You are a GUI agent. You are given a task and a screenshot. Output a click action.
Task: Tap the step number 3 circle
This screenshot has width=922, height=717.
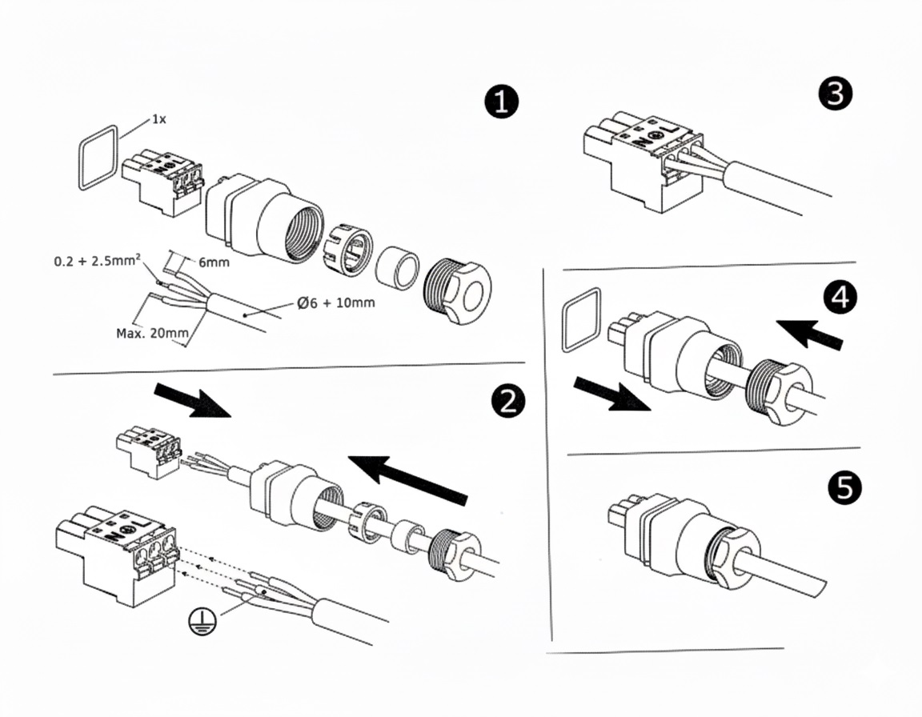[835, 94]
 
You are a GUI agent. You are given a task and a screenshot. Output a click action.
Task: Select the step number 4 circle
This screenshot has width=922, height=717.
[838, 297]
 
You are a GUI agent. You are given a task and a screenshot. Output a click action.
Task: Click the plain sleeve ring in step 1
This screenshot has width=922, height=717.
[396, 267]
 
